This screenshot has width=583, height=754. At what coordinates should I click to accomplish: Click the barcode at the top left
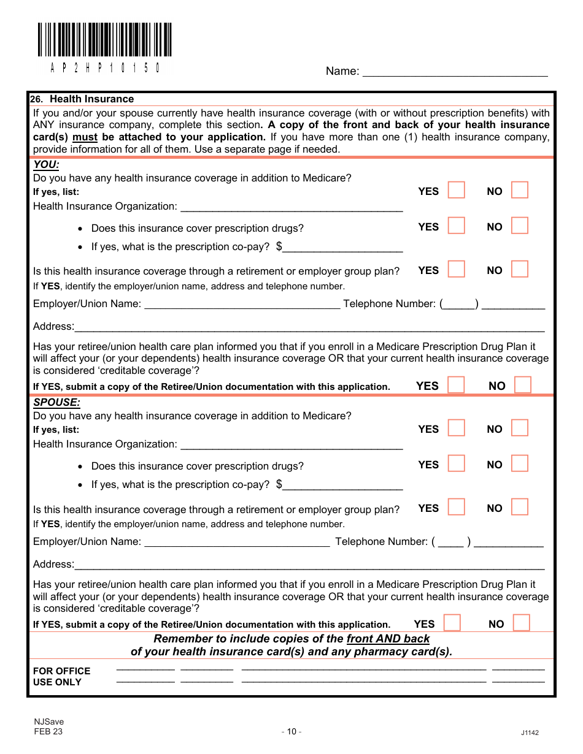(104, 40)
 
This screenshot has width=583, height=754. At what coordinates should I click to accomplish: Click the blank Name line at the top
(455, 72)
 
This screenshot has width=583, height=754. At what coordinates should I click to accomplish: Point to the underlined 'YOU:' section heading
(46, 164)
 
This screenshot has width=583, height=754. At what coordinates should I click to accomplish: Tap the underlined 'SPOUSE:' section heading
(56, 403)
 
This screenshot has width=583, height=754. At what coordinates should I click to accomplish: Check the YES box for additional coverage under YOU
(456, 191)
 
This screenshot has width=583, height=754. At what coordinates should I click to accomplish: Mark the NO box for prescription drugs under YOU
(519, 226)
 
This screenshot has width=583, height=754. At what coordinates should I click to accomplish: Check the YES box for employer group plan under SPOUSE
(456, 508)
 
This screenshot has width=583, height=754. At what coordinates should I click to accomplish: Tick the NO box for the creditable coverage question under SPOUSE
(521, 623)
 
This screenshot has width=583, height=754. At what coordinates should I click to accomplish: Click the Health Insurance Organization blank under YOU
(291, 207)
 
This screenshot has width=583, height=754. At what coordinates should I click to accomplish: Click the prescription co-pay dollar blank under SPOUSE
(342, 485)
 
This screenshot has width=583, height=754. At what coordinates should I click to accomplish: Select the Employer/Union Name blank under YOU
(242, 304)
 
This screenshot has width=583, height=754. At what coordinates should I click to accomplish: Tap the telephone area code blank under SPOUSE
(451, 542)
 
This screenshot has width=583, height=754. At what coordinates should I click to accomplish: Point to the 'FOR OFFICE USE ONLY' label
(61, 677)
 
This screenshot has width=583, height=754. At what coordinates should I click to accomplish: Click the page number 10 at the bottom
(291, 731)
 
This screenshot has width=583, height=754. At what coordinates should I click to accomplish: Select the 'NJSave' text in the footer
(48, 722)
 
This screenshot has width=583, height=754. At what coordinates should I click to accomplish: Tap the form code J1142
(530, 733)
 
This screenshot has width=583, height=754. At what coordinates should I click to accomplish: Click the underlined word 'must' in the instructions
(85, 137)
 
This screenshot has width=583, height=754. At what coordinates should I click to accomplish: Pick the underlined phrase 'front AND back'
(388, 639)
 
